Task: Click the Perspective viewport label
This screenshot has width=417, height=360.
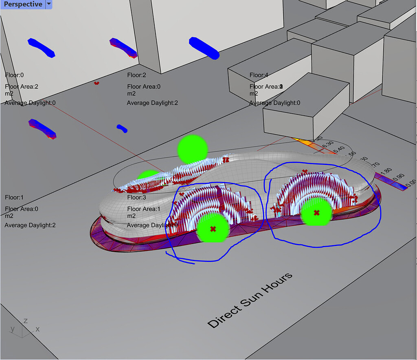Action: (x=23, y=4)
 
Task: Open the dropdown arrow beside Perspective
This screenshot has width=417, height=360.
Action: (x=48, y=4)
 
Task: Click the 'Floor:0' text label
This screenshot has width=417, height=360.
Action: (x=14, y=75)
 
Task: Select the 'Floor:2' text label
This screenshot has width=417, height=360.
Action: (x=136, y=75)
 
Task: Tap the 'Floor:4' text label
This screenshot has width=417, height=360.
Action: (x=259, y=75)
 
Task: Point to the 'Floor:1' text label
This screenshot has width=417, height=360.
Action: (x=14, y=198)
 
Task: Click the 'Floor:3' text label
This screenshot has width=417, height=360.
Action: (x=136, y=198)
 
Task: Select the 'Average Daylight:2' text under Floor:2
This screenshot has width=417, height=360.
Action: (x=152, y=103)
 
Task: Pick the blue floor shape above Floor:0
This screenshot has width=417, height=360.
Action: (x=41, y=47)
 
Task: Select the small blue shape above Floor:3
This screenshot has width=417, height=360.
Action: (x=122, y=129)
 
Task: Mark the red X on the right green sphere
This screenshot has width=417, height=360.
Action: (x=316, y=213)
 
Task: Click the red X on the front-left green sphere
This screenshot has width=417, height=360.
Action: (x=213, y=229)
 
